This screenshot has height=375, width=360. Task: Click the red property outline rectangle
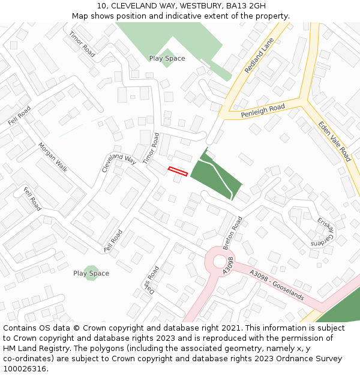(x=178, y=170)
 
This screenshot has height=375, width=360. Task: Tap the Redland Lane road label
(x=259, y=55)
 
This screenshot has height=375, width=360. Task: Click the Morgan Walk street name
(x=53, y=157)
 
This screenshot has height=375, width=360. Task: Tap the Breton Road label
(x=232, y=233)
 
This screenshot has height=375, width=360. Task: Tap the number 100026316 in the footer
(x=24, y=368)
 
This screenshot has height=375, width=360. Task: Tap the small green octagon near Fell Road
(x=91, y=274)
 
